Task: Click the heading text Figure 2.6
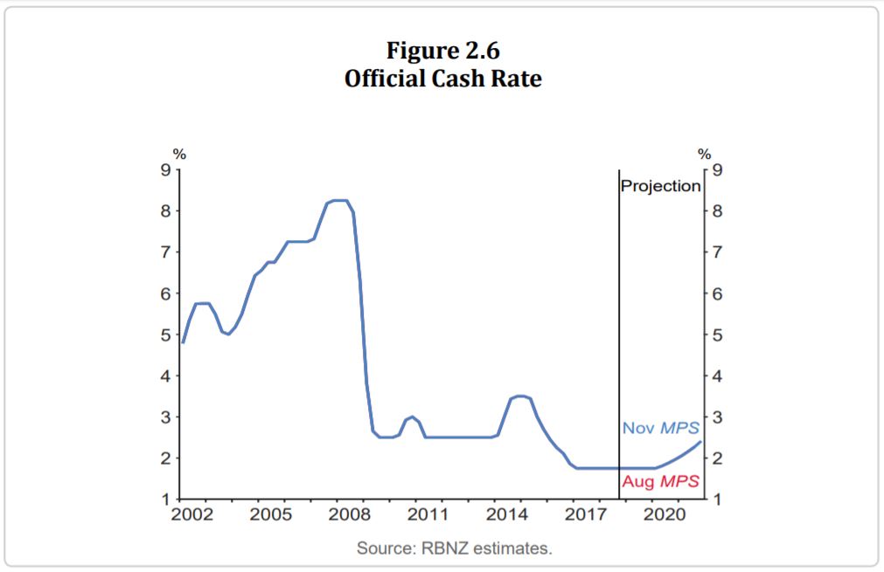pos(442,52)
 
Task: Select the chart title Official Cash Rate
pos(442,79)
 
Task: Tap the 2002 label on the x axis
pos(192,514)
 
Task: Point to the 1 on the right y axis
pos(717,500)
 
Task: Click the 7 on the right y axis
pos(717,252)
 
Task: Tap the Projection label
pos(660,186)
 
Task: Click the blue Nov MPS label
pos(660,428)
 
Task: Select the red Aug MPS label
pos(660,481)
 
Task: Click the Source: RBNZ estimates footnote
pos(455,548)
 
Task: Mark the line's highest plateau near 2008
pos(339,201)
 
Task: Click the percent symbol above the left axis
pos(178,154)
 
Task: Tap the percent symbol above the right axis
pos(704,154)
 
